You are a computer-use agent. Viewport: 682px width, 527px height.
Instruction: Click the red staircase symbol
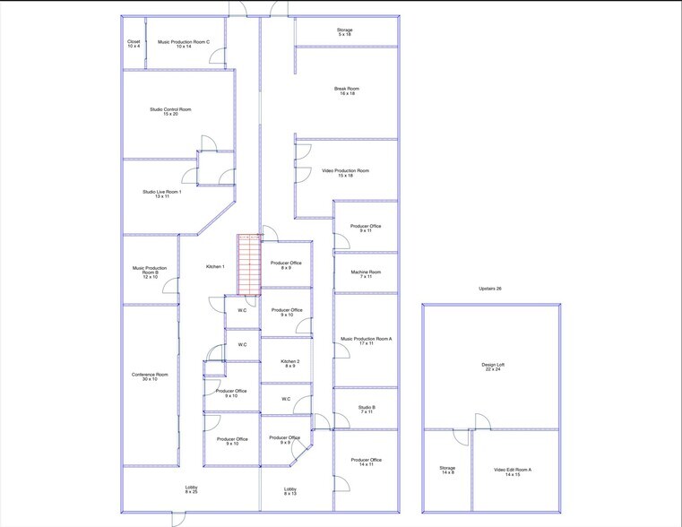click(248, 263)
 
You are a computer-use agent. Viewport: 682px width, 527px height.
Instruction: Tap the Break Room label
click(347, 91)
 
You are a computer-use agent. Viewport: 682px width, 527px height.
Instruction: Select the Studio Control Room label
click(170, 112)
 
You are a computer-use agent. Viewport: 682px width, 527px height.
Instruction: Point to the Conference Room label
click(150, 376)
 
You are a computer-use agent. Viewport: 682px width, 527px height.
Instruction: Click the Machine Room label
click(366, 274)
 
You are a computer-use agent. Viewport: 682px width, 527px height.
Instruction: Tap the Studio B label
click(366, 409)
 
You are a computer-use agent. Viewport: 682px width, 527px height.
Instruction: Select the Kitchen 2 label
click(286, 364)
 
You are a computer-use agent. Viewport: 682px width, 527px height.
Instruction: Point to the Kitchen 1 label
click(215, 267)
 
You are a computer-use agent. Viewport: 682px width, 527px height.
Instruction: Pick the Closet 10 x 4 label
click(134, 43)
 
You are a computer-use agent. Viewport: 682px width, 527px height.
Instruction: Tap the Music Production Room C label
click(184, 43)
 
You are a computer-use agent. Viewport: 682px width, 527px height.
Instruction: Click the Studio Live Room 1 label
click(161, 194)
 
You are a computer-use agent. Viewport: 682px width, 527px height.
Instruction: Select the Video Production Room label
click(345, 173)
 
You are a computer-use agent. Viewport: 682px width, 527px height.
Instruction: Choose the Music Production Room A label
click(366, 341)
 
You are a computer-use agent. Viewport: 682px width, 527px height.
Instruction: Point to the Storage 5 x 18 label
click(345, 32)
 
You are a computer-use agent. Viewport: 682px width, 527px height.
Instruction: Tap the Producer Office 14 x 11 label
click(366, 462)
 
